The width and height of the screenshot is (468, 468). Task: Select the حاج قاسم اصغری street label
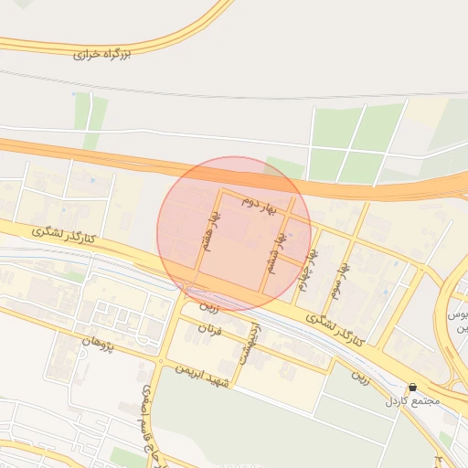[147, 416]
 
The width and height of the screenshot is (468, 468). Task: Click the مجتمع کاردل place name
[412, 401]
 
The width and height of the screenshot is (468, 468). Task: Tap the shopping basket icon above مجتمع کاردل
[413, 388]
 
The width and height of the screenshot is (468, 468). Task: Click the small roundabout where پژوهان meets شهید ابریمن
[161, 362]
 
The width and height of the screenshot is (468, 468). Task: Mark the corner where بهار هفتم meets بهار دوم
[219, 190]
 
